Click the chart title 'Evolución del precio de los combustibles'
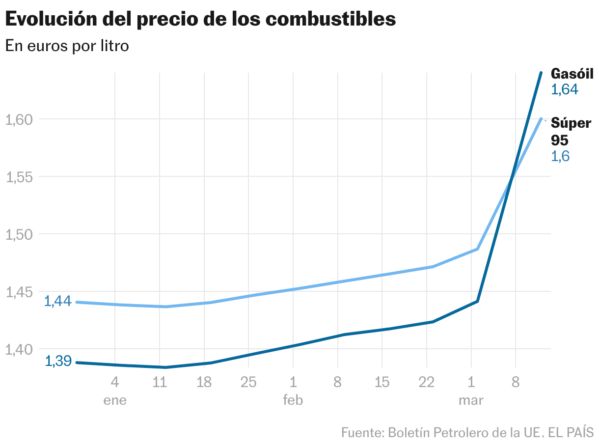[200, 19]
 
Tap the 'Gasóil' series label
[572, 74]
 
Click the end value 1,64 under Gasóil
[565, 89]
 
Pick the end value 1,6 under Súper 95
[560, 156]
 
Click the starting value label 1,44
[58, 301]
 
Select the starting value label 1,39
[58, 361]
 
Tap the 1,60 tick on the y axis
[19, 119]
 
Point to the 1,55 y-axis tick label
[19, 177]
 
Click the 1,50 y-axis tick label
[19, 234]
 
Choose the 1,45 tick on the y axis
[19, 292]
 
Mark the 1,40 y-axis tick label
[19, 349]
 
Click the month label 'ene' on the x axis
[115, 400]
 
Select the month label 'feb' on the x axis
[293, 400]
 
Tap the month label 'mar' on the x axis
[471, 400]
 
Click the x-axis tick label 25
[248, 382]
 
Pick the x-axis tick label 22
[427, 382]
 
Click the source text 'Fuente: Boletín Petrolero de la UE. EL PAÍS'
[467, 433]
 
